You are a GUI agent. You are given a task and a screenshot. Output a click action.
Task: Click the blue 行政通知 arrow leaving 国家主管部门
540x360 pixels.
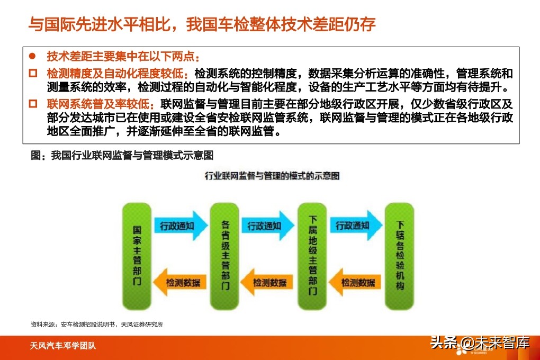[x=180, y=226]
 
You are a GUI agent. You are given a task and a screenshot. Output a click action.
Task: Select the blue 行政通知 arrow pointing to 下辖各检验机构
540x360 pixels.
[x=356, y=226]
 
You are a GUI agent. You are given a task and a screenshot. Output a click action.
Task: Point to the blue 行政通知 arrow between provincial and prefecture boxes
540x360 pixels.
[x=268, y=226]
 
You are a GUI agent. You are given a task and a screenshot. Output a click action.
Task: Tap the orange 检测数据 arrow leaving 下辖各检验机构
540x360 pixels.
[x=357, y=283]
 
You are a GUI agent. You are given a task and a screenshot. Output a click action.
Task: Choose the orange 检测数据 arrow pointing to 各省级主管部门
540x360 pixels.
[x=269, y=283]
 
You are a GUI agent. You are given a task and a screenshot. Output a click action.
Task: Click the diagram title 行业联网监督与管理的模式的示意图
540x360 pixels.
[x=272, y=175]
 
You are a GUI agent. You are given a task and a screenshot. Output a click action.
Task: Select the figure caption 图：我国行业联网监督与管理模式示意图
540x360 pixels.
[x=122, y=156]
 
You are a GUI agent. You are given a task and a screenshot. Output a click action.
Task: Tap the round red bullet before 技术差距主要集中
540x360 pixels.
[x=32, y=56]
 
